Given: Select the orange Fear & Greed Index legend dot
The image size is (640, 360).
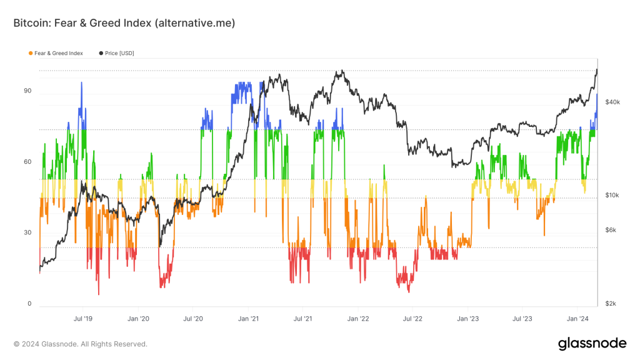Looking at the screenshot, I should coord(31,53).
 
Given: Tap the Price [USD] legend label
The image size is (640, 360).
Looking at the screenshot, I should coord(120,53).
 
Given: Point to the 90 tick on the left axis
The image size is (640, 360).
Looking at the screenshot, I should coord(27,91).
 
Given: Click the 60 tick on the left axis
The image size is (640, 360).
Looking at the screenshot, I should coord(27,162).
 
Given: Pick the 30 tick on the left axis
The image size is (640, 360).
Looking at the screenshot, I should coord(27,233).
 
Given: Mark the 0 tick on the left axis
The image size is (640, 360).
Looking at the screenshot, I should coord(29,304).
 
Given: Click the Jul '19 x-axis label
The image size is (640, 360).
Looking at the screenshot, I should coord(83,318).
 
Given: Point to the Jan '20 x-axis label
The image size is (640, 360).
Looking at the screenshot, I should coord(138,318).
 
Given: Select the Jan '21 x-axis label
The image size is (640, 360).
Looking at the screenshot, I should coord(248,318).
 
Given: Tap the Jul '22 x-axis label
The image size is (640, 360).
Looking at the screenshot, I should coord(412,318).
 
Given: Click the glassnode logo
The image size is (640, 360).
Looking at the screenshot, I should coord(591,343).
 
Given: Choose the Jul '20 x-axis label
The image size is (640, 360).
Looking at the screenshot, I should coord(193,318).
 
